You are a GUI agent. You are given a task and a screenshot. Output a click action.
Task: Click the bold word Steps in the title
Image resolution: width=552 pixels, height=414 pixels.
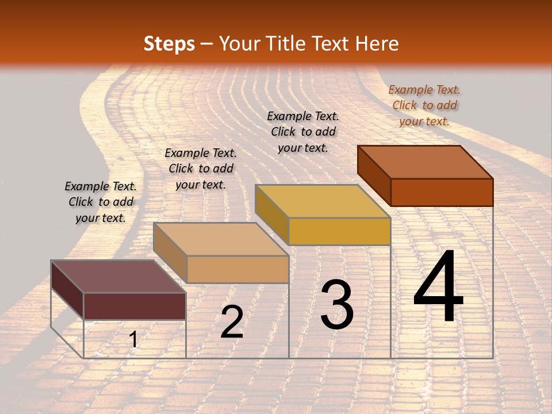(169, 44)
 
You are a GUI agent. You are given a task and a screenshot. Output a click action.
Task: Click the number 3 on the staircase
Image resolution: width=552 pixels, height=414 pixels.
(336, 305)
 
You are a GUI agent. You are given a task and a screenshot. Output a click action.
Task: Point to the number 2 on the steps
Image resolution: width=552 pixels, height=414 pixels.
(232, 322)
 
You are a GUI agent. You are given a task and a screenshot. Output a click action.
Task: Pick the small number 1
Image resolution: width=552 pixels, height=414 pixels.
(133, 340)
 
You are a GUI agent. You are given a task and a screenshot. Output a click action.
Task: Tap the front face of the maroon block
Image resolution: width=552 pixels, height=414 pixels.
(135, 306)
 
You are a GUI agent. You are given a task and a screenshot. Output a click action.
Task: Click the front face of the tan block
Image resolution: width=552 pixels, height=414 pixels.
(237, 269)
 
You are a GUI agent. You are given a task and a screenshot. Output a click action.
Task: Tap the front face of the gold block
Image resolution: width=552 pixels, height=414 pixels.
(339, 231)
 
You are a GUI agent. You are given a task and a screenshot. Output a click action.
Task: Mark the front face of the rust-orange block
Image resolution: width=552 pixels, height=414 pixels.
(442, 192)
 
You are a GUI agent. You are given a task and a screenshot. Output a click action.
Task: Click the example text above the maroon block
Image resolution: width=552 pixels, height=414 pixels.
(101, 202)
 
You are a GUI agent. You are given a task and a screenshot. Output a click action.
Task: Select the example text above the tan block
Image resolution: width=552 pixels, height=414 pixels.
(201, 168)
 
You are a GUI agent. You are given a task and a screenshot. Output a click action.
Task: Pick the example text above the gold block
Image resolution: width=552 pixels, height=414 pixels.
(303, 132)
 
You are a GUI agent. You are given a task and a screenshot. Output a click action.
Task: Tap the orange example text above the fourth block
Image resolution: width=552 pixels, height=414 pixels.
(424, 105)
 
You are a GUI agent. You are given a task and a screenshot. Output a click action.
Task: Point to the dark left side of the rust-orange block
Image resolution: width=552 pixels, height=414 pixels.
(374, 174)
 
